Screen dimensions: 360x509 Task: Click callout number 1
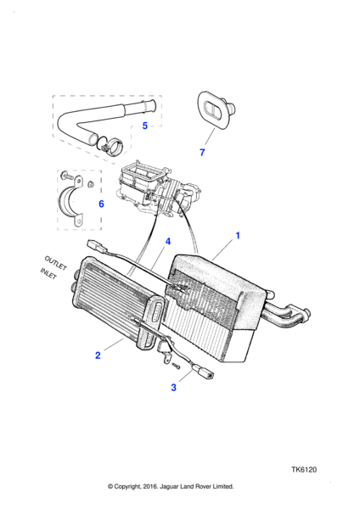pos(238,235)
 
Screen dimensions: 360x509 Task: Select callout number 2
pos(98,355)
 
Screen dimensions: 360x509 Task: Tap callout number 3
pos(173,388)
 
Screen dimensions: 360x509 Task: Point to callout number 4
pos(168,242)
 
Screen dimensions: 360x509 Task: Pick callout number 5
pos(145,126)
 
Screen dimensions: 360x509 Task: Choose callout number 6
pos(101,204)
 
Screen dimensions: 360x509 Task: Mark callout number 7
pos(202,152)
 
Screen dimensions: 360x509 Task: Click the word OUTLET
pos(55,263)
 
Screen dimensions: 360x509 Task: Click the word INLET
pos(48,273)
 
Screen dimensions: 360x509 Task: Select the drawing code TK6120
pos(304,470)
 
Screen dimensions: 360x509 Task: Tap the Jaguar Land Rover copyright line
pos(171,486)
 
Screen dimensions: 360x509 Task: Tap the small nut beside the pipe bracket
pos(91,184)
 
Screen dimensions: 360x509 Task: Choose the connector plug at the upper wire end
pos(97,248)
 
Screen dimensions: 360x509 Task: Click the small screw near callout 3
pos(177,366)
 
